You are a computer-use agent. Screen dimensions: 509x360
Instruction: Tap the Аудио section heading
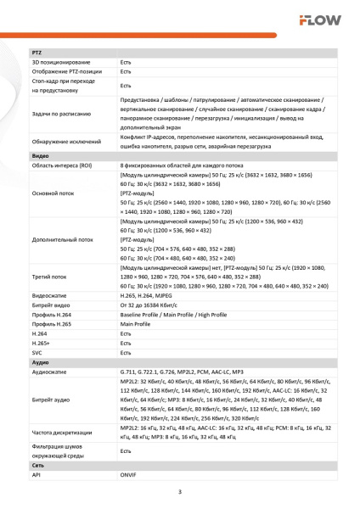40,361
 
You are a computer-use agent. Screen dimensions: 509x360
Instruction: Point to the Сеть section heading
38,466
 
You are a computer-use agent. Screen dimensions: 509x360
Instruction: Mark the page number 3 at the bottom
180,492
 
